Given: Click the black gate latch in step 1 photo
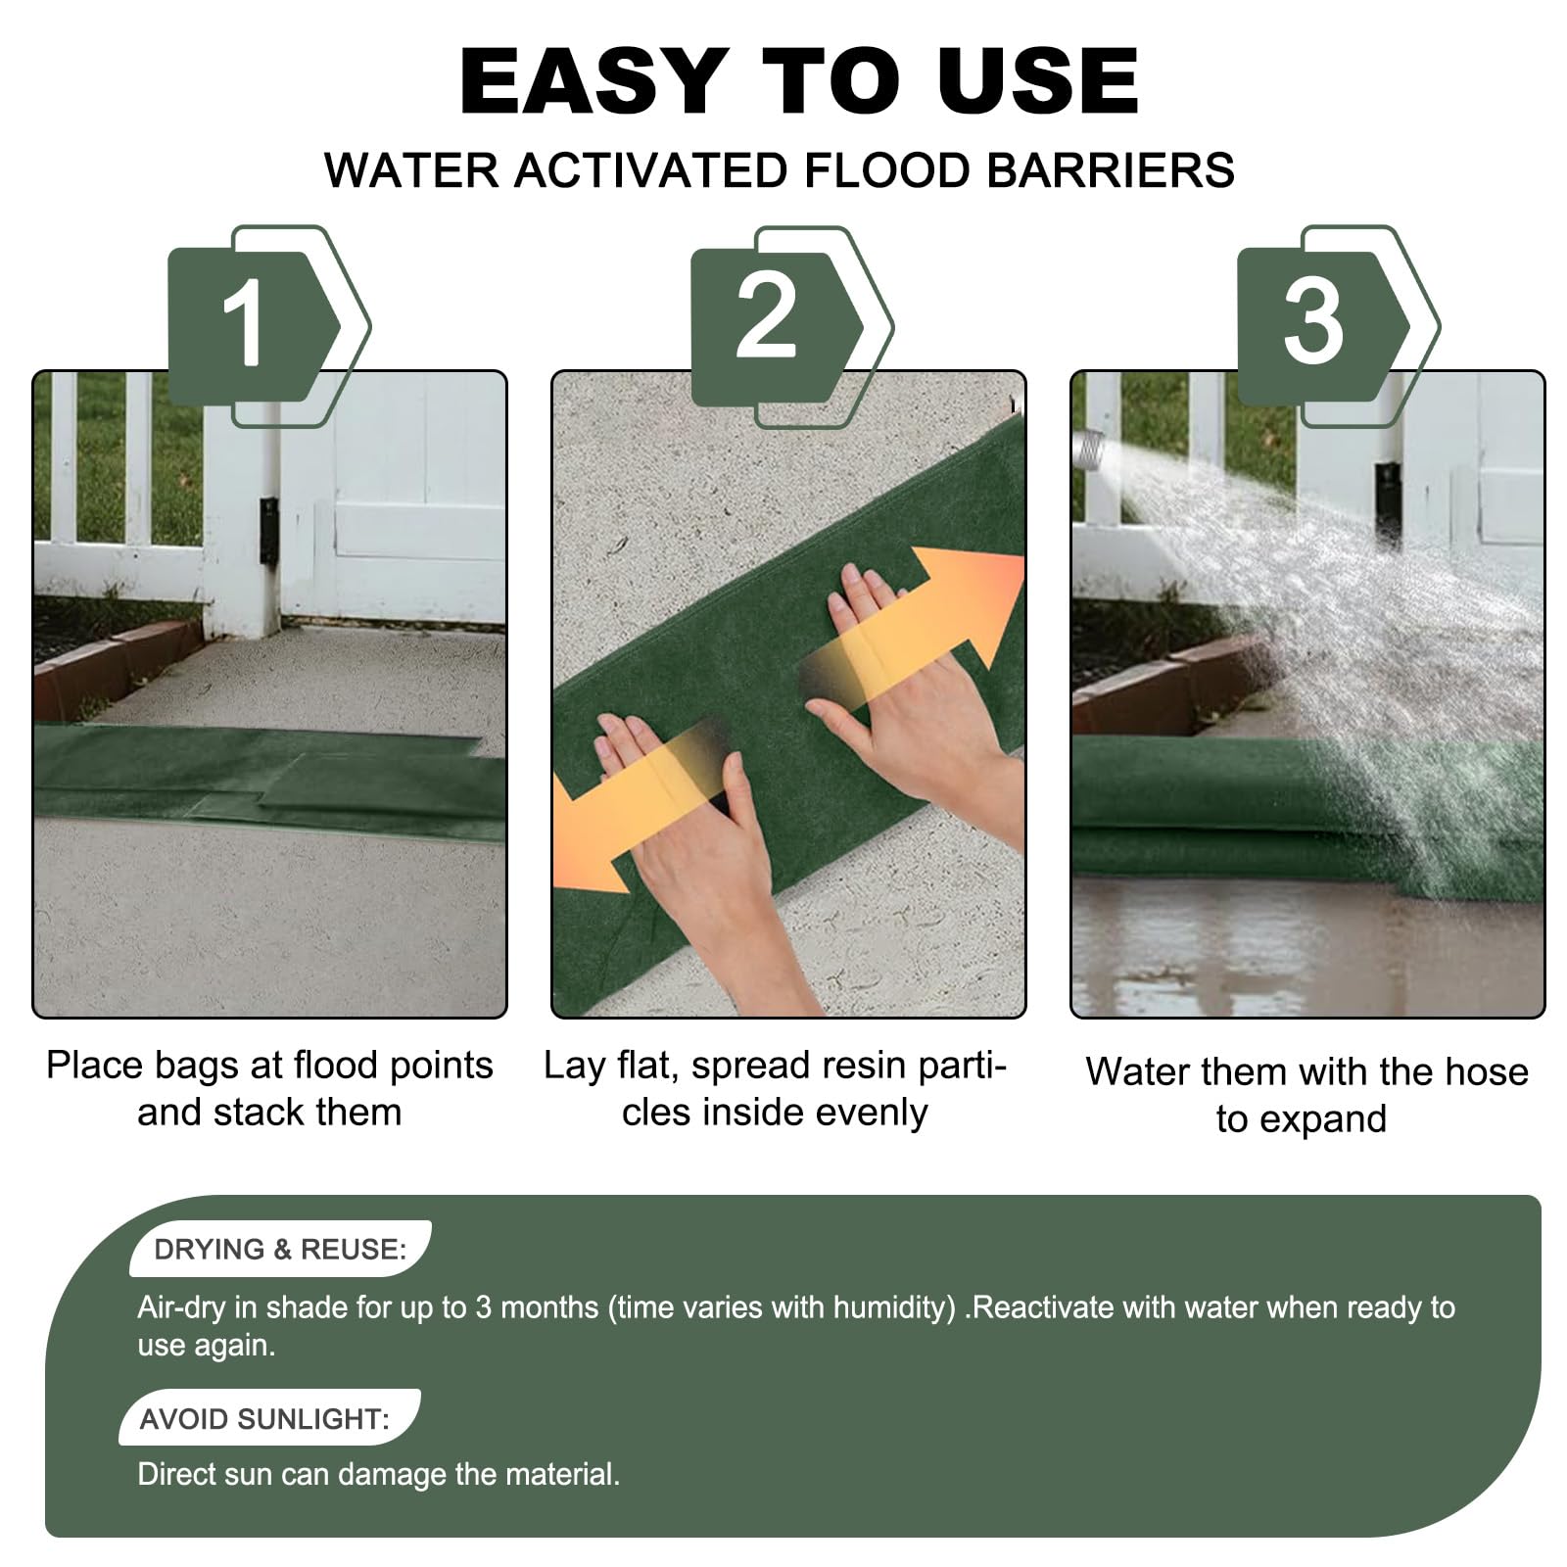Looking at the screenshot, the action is (x=268, y=530).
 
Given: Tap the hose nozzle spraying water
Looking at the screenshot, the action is (x=1088, y=450).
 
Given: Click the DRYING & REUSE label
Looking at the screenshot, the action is (x=280, y=1249).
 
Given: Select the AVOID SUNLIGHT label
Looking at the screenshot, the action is (x=265, y=1418).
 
